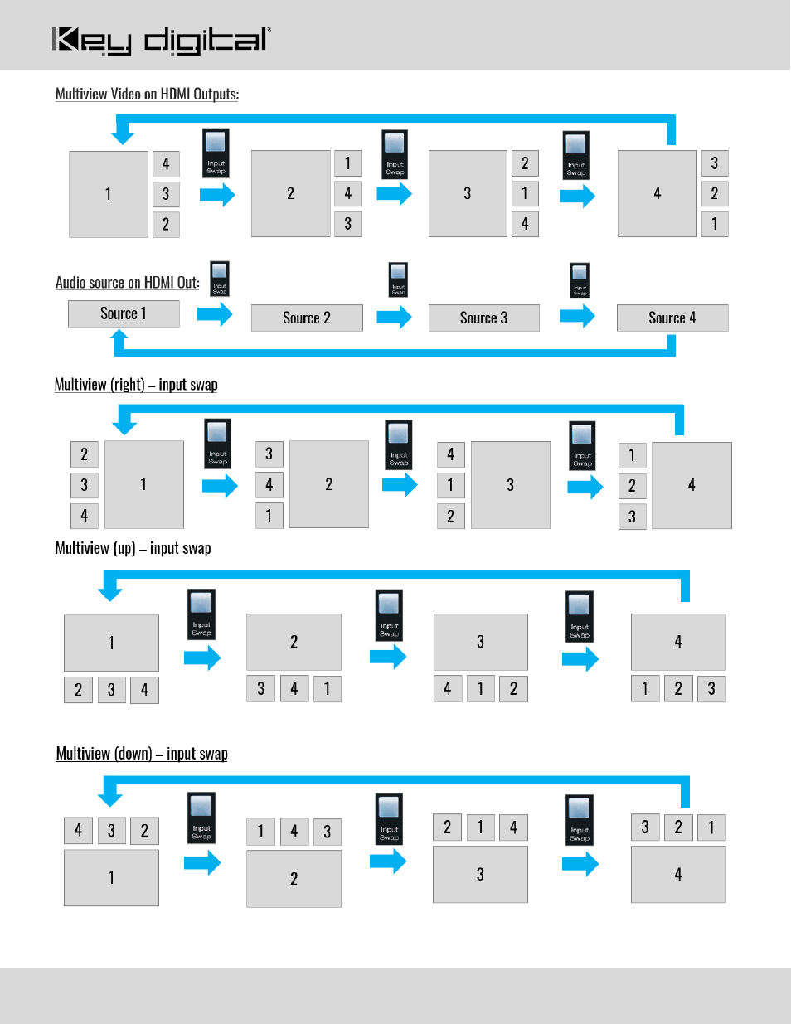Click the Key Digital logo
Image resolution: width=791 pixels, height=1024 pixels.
[161, 41]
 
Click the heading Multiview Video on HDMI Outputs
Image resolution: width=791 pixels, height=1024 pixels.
[147, 94]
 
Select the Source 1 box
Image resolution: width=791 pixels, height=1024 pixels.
[124, 314]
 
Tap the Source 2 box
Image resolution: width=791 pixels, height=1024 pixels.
[307, 318]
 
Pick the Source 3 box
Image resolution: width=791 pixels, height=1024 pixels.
[484, 318]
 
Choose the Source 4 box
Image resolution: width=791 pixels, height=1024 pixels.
[672, 318]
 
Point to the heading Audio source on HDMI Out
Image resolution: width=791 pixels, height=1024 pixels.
[128, 282]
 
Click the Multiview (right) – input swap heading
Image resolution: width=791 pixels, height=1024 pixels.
[136, 385]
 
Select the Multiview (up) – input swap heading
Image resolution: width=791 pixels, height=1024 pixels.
[133, 548]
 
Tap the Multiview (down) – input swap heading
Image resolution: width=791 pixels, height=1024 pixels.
[142, 754]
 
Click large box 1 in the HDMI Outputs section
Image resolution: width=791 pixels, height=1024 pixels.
[109, 194]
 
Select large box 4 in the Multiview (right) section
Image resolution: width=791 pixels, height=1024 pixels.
[692, 485]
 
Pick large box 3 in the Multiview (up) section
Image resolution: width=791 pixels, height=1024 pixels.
[481, 642]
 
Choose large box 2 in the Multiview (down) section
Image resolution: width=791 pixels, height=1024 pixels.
[294, 879]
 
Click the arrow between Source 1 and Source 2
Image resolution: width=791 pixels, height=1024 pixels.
[215, 314]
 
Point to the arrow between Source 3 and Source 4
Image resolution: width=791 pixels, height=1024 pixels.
[578, 316]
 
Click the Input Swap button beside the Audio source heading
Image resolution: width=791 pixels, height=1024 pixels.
[220, 279]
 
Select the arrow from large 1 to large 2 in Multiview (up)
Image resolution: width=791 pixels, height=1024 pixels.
[202, 658]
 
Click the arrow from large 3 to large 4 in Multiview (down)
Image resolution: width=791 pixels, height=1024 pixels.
[580, 864]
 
